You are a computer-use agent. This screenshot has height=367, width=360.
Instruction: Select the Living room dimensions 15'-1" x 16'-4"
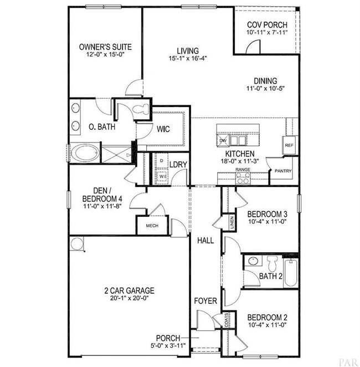[184, 58]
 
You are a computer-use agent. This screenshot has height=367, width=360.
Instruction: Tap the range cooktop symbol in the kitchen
[243, 178]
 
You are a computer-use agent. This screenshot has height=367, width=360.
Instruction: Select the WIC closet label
[163, 130]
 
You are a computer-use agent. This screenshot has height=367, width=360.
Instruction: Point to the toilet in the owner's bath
[142, 109]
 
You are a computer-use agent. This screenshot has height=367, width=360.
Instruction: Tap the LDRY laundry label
[177, 164]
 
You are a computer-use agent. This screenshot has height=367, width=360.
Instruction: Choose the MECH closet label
[152, 226]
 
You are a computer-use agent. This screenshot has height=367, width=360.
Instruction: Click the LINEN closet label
[232, 223]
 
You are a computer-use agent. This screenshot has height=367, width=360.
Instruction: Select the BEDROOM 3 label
[267, 215]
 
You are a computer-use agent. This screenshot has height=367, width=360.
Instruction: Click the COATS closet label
[226, 321]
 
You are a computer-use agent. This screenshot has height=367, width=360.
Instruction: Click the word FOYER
[204, 301]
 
